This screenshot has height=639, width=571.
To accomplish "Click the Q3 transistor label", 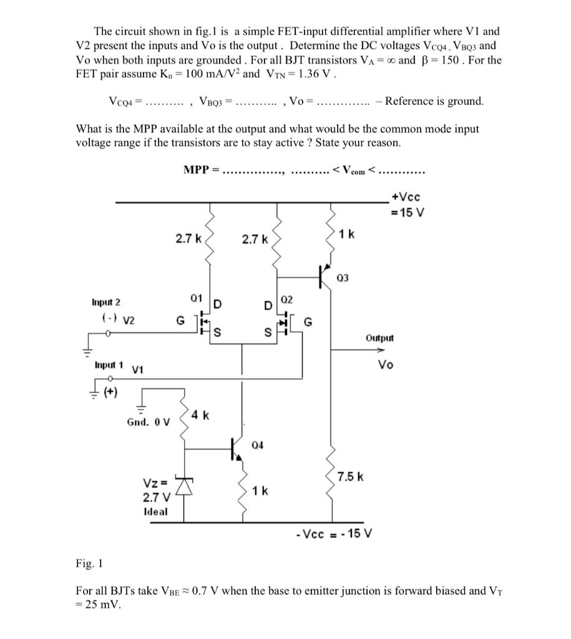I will [x=344, y=278].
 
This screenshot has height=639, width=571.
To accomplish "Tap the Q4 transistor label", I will [x=258, y=445].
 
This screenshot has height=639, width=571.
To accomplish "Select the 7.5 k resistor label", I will [x=351, y=477].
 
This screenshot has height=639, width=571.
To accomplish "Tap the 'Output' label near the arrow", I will [x=380, y=338].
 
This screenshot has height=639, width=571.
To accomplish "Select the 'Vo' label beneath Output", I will [x=386, y=365].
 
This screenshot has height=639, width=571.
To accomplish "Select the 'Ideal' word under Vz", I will [x=155, y=511].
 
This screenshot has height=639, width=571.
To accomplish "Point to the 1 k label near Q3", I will [x=346, y=234].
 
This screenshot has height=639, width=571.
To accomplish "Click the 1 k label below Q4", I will [x=260, y=490].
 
